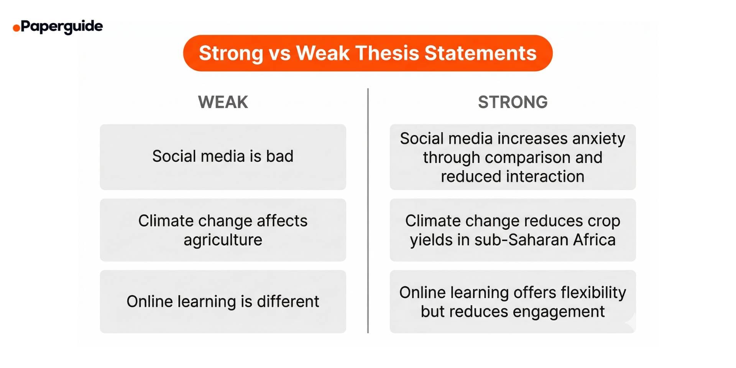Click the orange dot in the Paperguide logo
16,28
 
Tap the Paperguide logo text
62,26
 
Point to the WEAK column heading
223,102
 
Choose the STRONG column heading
513,102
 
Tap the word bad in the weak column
279,156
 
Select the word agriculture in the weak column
223,240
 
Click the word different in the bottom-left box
288,302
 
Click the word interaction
545,177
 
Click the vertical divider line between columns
368,211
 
